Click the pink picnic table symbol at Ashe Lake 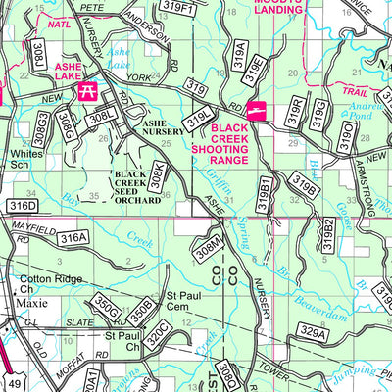[85, 91]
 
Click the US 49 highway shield [13, 380]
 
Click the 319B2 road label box [329, 233]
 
